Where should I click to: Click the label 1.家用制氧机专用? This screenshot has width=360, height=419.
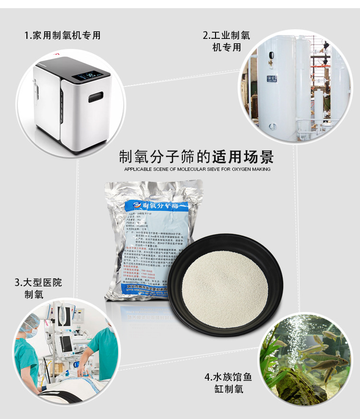pos(63,36)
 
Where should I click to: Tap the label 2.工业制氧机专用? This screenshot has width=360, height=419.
pos(227,41)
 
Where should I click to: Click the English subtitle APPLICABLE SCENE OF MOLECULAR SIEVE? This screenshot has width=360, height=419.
pos(197,169)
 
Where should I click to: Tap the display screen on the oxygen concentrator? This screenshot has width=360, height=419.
pos(88,76)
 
